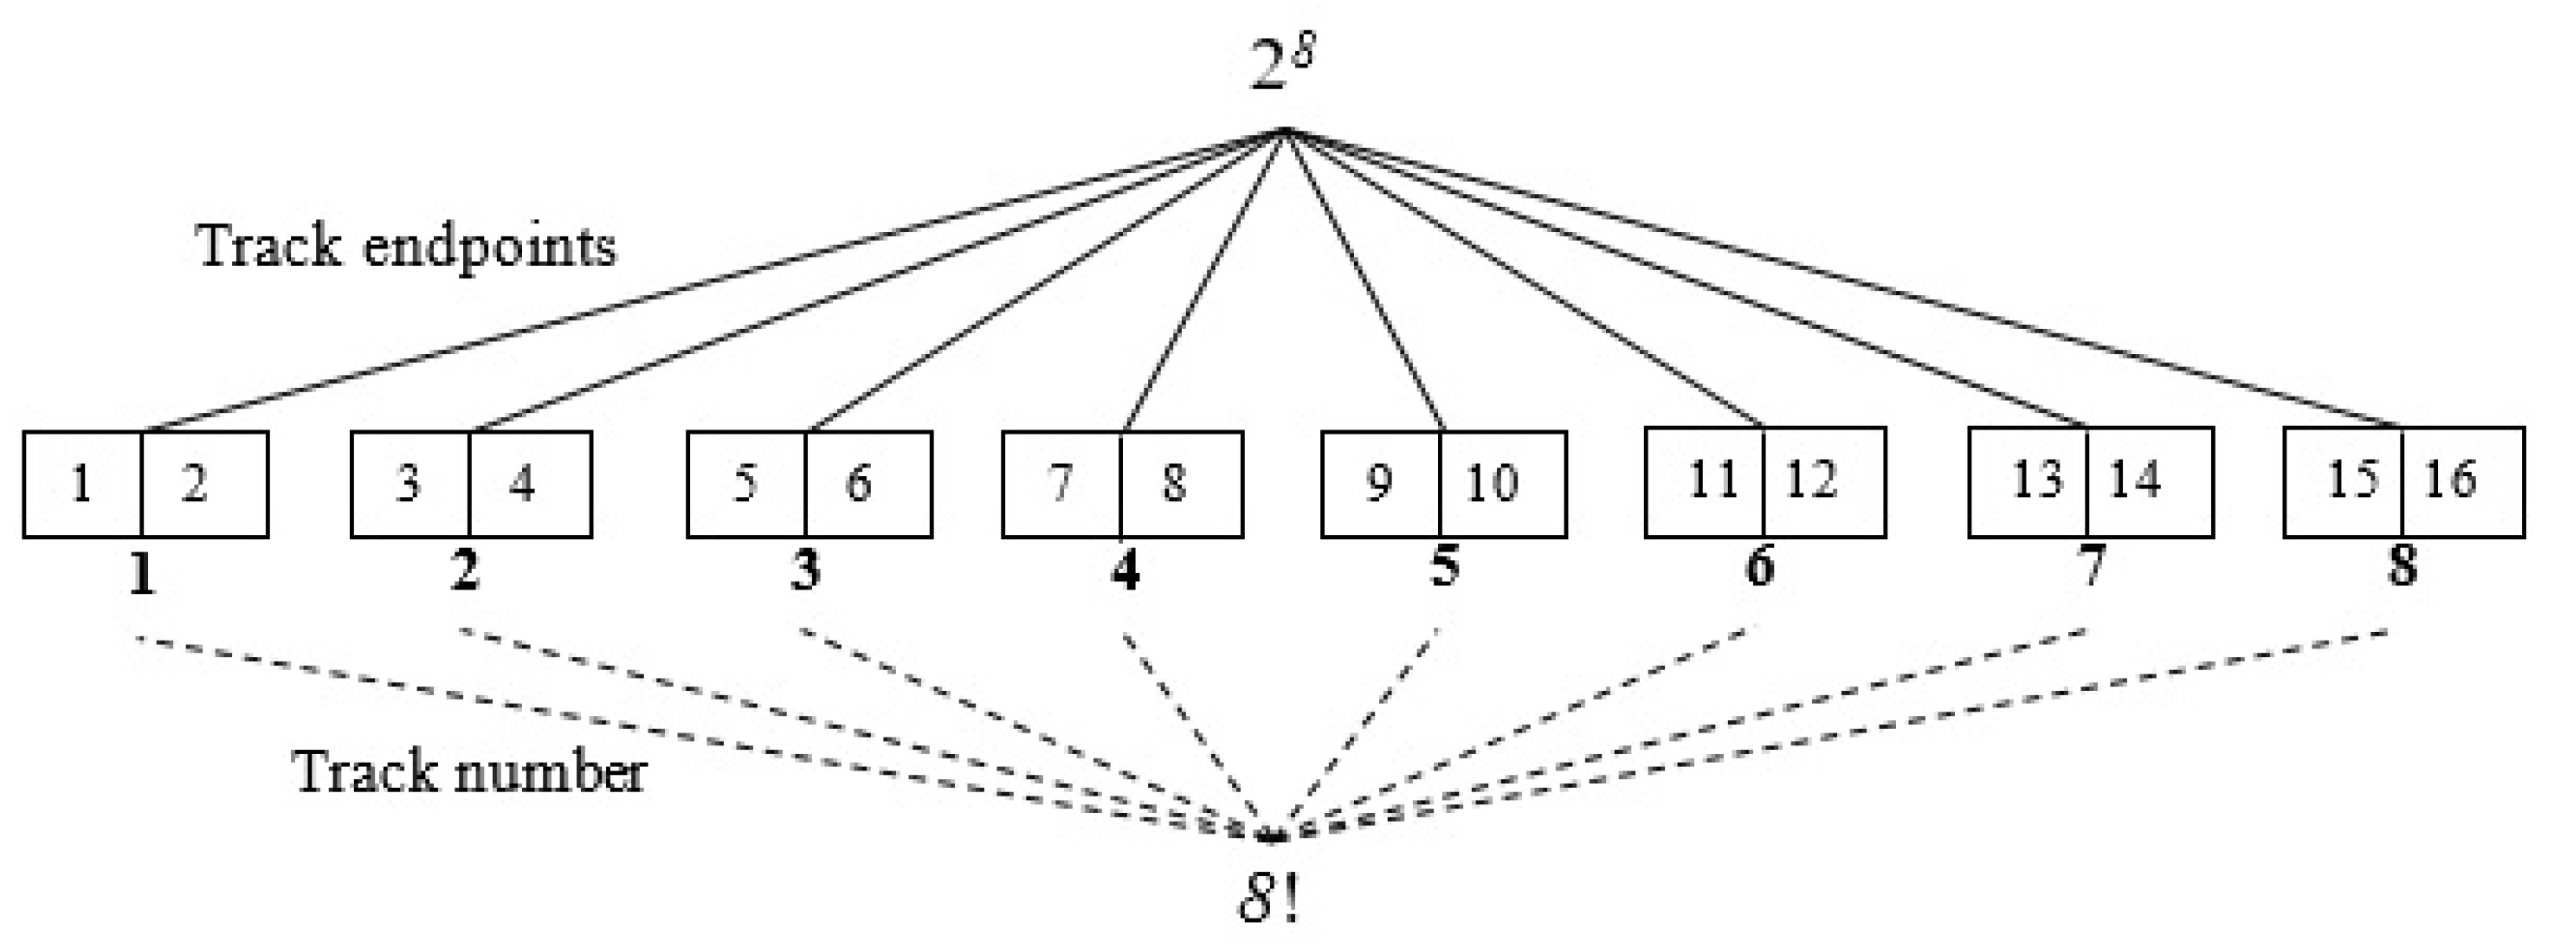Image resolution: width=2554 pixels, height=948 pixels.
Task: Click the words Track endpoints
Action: click(407, 245)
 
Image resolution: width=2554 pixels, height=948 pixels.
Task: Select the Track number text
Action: click(468, 771)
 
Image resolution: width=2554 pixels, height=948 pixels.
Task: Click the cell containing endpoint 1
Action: click(83, 484)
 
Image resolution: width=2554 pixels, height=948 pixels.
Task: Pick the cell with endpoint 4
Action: click(530, 484)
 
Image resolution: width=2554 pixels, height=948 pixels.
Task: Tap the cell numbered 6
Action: click(867, 484)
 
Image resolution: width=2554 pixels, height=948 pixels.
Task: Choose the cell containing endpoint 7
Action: click(1061, 484)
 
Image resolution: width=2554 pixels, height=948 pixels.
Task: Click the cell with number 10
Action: click(1501, 484)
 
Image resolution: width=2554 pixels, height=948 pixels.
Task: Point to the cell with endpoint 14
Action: click(2149, 481)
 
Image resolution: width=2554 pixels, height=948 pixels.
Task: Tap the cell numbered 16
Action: click(2461, 481)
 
